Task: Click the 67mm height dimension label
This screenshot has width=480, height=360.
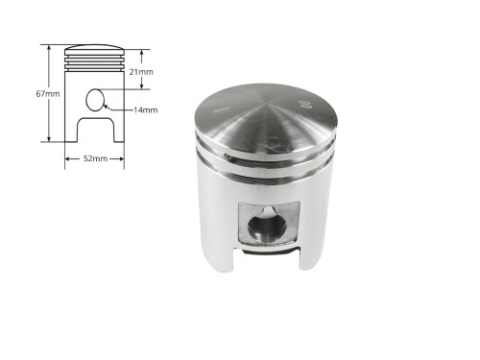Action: tap(48, 94)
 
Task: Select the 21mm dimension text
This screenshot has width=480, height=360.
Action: tap(141, 72)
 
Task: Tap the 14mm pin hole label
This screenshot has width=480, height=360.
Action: tap(146, 110)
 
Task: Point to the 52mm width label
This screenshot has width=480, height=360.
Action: tap(95, 158)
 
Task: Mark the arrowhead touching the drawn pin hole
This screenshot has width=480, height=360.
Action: tap(106, 107)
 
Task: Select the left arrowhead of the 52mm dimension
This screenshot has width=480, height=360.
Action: tap(67, 158)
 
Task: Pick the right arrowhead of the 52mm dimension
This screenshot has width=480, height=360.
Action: tap(122, 158)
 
